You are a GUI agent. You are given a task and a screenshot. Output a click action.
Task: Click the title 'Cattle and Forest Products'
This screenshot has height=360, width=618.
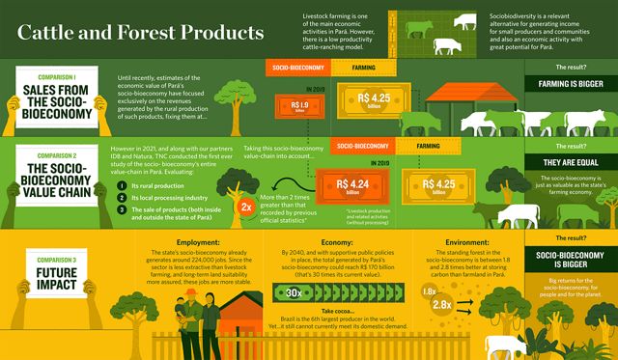pos(141,32)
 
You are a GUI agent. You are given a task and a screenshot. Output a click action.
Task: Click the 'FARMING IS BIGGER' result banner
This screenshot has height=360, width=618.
pos(566,85)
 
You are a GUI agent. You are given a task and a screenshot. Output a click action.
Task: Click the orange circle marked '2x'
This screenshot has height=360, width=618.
pos(246,206)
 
